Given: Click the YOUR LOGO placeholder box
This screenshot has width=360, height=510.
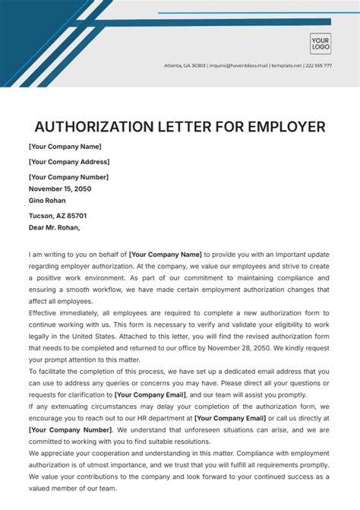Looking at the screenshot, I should pos(320,43).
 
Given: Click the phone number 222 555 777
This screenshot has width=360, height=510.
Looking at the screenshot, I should pos(320,65).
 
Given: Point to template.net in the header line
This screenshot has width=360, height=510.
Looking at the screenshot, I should pos(287,65).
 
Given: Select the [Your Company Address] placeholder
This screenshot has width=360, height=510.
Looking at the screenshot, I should pos(69,162).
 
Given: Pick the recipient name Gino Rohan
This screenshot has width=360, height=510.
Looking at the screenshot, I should pos(47,201).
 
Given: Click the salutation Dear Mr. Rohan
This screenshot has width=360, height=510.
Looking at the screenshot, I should pos(54,227).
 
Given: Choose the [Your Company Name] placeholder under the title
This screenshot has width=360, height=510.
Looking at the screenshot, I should pos(65,147).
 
